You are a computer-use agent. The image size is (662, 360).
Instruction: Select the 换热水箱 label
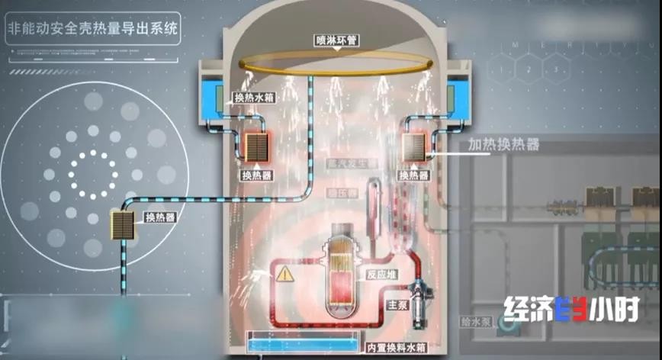[255, 98]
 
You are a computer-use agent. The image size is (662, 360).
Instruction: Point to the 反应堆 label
[382, 274]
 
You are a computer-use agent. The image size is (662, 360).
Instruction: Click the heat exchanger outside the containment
[123, 227]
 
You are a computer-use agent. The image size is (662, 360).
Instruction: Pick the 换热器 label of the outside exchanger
[159, 217]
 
